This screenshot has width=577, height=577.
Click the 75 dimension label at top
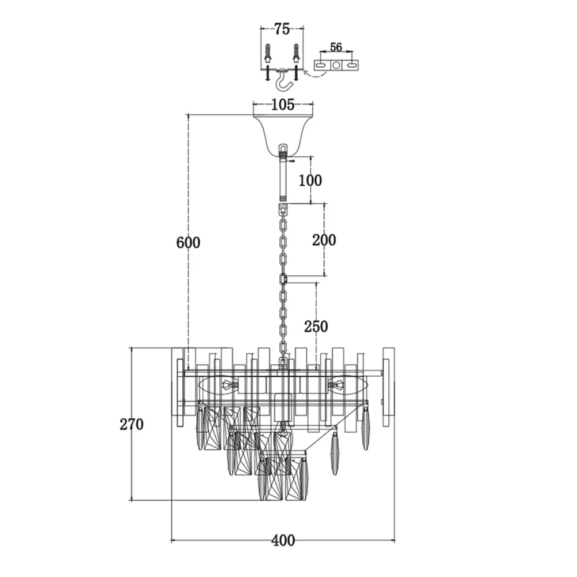282,29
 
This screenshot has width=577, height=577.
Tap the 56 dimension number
336,47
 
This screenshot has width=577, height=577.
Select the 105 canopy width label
283,105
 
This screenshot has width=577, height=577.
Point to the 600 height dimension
188,242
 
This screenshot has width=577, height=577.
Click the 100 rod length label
310,180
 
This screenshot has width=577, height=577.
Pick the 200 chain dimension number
324,240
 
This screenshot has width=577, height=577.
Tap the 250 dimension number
316,327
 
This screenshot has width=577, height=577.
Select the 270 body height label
132,424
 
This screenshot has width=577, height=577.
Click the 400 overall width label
283,541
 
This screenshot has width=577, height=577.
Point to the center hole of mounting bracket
336,66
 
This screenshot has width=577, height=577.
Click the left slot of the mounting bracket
320,66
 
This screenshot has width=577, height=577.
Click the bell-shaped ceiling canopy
283,134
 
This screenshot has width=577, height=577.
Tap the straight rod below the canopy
283,178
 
